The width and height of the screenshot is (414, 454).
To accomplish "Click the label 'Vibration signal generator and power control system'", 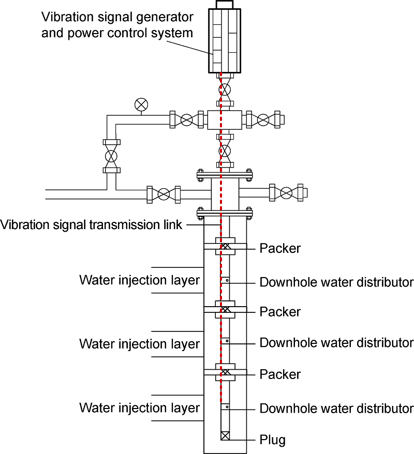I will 117,25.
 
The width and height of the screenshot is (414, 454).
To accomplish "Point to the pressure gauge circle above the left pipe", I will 140,104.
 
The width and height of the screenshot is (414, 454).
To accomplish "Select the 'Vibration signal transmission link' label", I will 92,225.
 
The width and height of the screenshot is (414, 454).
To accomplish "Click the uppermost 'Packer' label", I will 280,248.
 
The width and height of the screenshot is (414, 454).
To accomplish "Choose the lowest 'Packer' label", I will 280,373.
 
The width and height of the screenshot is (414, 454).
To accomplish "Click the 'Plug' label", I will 272,441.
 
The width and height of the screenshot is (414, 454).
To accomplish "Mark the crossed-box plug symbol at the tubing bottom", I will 226,435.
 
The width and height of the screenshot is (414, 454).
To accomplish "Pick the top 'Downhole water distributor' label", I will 336,282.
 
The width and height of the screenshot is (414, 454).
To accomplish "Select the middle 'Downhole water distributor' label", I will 336,342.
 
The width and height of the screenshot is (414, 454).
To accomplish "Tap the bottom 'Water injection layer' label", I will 139,407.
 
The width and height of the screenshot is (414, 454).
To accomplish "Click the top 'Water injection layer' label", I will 139,280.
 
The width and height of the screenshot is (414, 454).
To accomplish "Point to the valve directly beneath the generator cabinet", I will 226,89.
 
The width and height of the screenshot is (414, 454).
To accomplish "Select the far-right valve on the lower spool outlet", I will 286,193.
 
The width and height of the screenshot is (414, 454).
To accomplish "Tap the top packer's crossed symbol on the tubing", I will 226,247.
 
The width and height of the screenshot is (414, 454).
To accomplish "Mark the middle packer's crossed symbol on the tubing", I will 226,309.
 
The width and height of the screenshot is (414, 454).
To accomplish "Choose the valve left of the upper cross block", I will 187,120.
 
